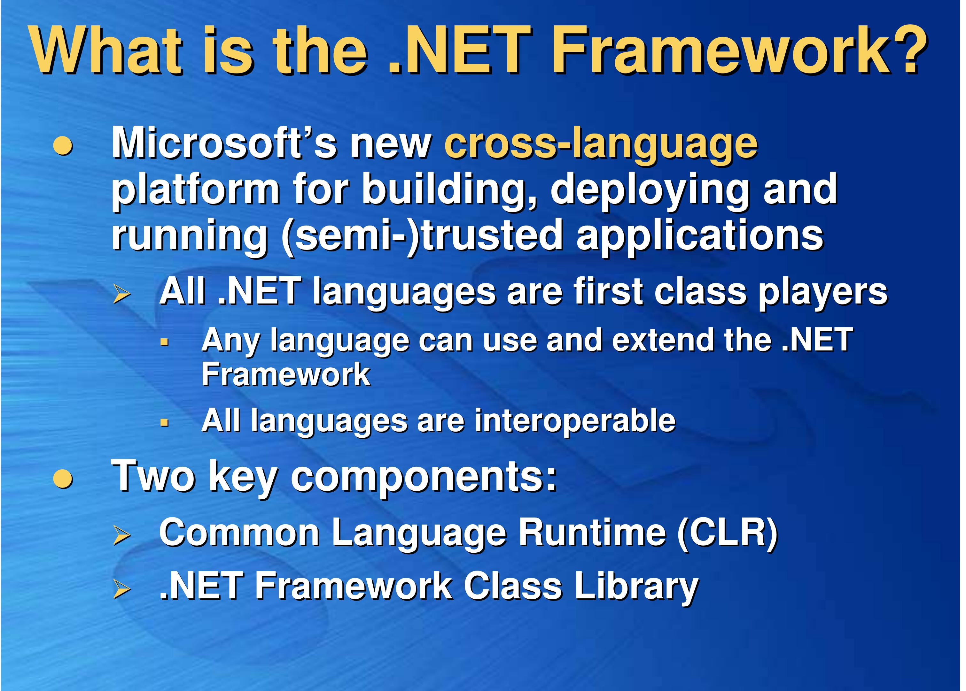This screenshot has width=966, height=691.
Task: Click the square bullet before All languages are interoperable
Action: [x=165, y=423]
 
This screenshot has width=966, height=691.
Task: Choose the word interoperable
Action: [x=575, y=422]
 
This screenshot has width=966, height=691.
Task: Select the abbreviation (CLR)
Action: [x=727, y=533]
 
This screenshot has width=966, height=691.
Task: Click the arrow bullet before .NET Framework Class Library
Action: [x=121, y=590]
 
